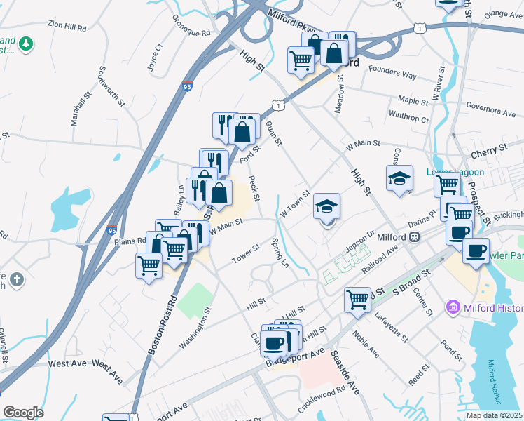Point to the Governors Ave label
pos(490,112)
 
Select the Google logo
pos(23,412)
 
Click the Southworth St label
pos(111,86)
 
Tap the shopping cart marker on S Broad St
pos(357,299)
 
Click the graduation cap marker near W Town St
pos(326,206)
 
